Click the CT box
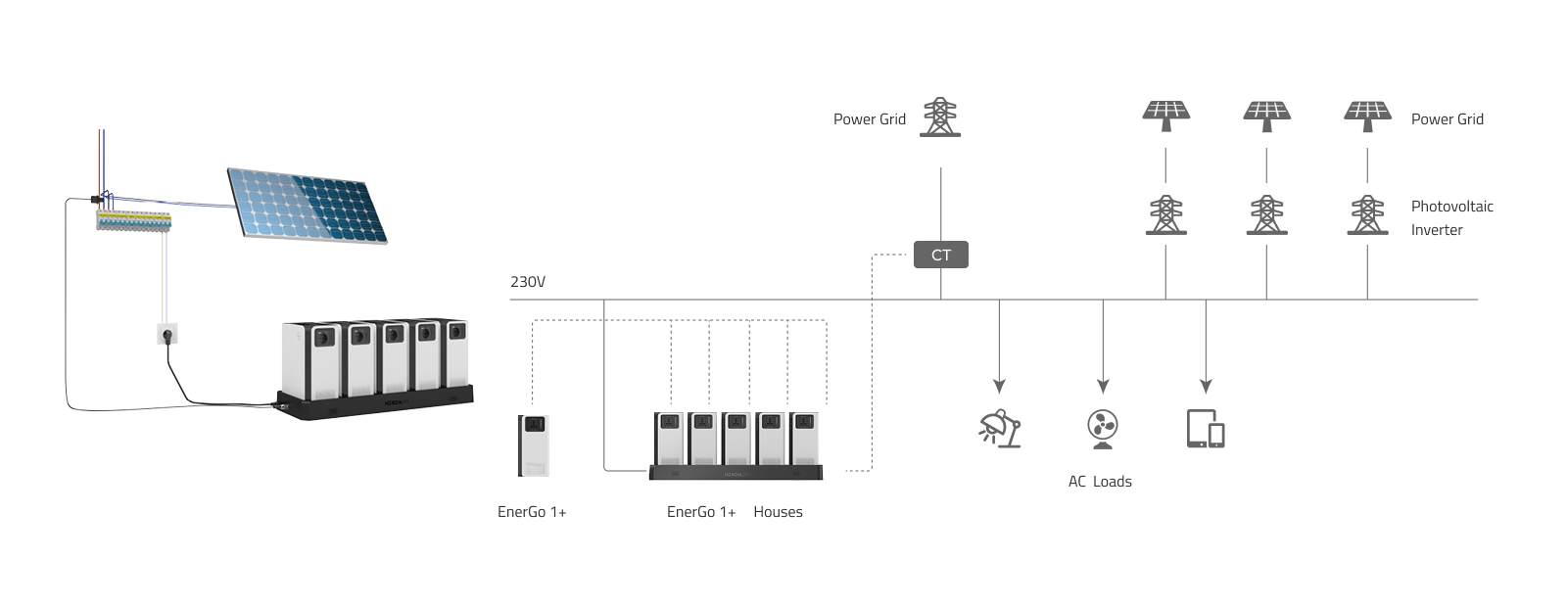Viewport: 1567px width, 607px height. point(941,256)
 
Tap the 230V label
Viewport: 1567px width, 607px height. point(528,282)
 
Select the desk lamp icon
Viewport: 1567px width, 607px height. point(1000,428)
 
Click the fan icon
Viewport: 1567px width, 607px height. point(1103,429)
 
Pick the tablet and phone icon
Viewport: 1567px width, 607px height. point(1206,429)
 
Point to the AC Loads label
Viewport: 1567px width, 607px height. point(1100,482)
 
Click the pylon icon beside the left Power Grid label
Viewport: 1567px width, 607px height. point(940,116)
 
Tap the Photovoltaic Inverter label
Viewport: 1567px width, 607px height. point(1451,218)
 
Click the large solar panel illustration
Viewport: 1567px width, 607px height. point(308,204)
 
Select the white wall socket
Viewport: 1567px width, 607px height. point(166,336)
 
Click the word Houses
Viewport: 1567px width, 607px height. point(778,512)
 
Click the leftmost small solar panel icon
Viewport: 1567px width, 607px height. point(1165,116)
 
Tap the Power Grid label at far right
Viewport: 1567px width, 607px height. point(1447,119)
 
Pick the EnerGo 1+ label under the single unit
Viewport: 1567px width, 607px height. point(532,512)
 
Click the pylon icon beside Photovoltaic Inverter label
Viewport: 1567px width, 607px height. point(1367,214)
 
